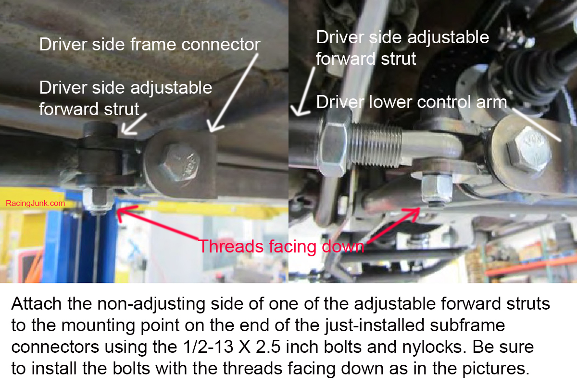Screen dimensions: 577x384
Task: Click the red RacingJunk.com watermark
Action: tap(35, 203)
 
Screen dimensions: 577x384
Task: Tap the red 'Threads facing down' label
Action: tap(281, 246)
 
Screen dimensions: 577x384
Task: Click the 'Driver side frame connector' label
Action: tap(150, 45)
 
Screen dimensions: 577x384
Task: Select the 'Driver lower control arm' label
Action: tap(412, 102)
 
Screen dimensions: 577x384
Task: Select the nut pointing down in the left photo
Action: tap(98, 201)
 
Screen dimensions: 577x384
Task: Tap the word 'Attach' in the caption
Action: tap(36, 304)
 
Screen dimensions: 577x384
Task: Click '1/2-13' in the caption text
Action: tap(208, 347)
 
